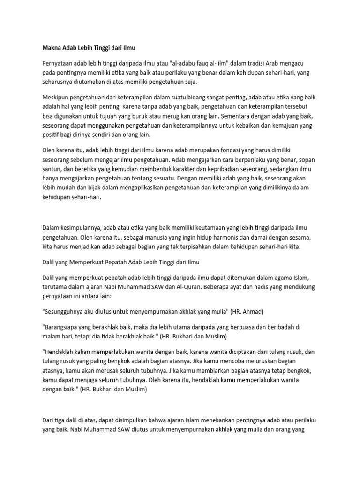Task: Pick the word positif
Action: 52,135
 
